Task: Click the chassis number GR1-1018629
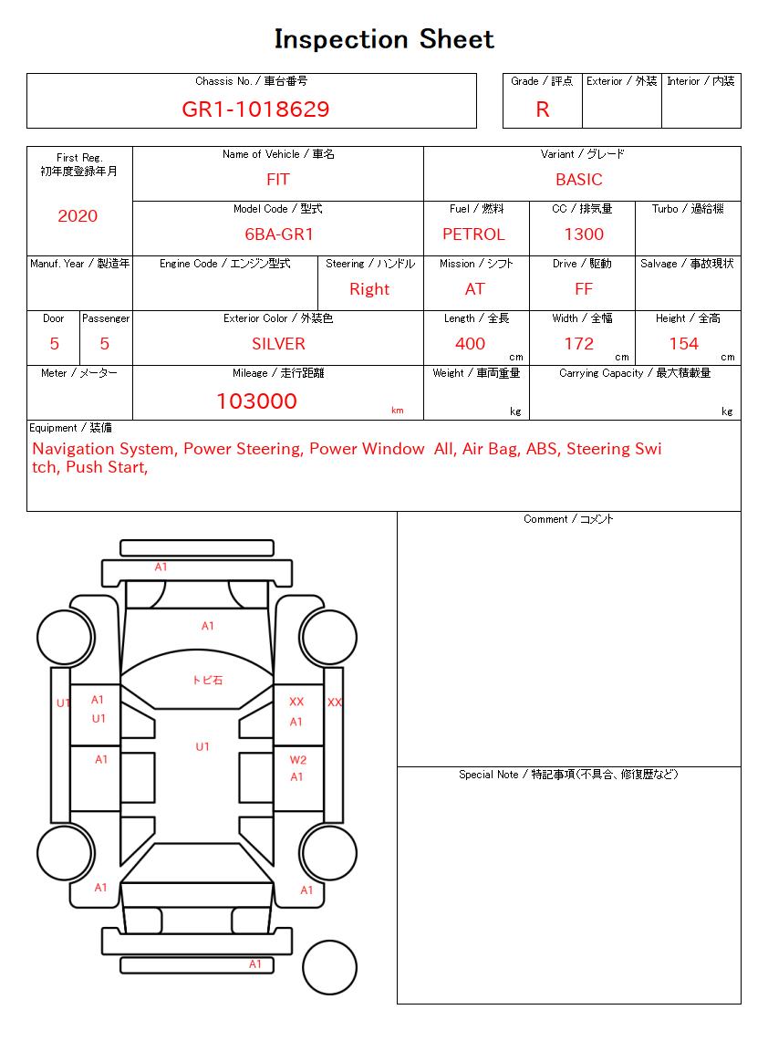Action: (255, 109)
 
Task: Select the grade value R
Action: (543, 109)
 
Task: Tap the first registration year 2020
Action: (78, 216)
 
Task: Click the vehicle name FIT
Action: (278, 180)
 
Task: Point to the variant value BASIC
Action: (579, 180)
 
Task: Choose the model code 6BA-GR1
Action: (279, 234)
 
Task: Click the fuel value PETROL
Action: (473, 234)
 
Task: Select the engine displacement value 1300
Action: (584, 234)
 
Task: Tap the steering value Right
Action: (369, 289)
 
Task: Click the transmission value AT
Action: (475, 289)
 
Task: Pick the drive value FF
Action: (584, 289)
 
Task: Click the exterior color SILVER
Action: (278, 344)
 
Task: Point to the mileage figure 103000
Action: (256, 401)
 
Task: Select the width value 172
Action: (579, 344)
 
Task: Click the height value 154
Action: (683, 344)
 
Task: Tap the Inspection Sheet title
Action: (384, 39)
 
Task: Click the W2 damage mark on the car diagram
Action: (298, 760)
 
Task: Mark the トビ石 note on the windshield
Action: (207, 681)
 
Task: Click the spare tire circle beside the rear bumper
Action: (329, 966)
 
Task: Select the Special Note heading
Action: (568, 775)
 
